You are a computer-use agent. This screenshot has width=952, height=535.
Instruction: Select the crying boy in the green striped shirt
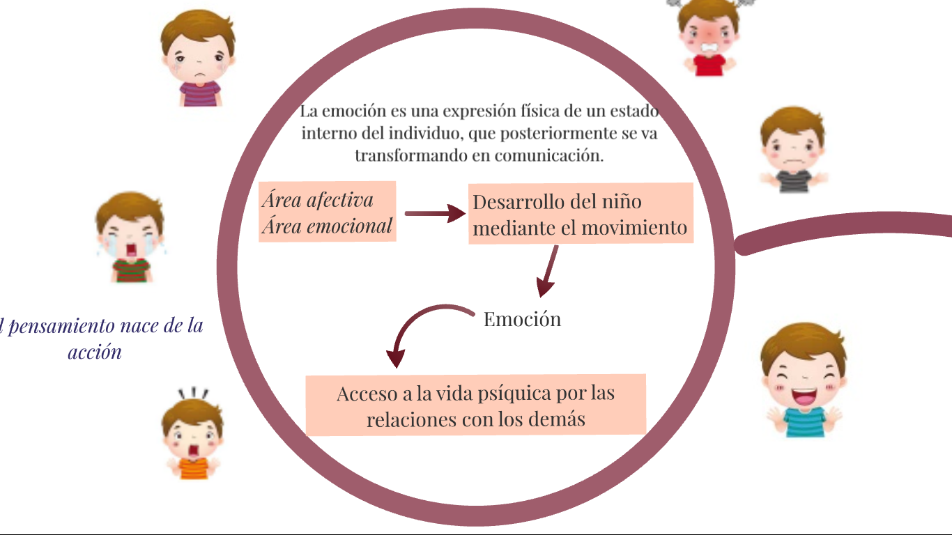[x=130, y=237]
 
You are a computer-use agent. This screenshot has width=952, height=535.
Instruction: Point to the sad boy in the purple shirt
[x=199, y=59]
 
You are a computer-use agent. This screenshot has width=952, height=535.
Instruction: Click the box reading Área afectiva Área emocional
[x=327, y=212]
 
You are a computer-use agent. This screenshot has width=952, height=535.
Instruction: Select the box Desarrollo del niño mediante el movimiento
[x=581, y=213]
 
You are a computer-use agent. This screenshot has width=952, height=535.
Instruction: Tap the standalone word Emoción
[x=522, y=319]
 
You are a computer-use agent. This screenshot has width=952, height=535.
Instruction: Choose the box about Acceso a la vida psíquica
[x=476, y=405]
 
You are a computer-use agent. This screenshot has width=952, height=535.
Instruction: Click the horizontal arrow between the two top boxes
[x=434, y=214]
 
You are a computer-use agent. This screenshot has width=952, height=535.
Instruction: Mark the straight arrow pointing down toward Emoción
[x=548, y=272]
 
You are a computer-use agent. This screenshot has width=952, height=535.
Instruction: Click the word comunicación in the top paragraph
[x=548, y=155]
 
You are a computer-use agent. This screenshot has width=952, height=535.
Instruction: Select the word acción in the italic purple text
[x=95, y=352]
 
